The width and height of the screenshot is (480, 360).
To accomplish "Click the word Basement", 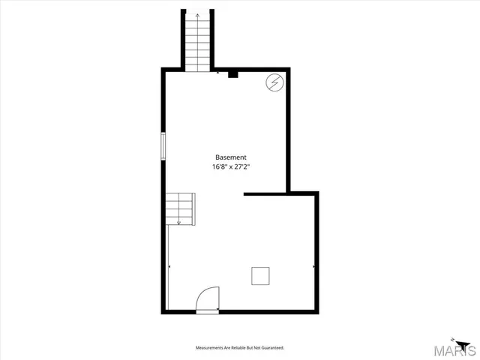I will [x=231, y=157].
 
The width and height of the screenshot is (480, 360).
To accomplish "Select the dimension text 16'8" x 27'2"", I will [x=231, y=167].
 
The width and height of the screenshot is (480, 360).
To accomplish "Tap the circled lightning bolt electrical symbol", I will [x=274, y=82].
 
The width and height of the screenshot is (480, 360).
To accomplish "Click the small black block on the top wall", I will [x=232, y=73].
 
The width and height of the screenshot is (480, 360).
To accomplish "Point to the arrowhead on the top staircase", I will [x=198, y=15].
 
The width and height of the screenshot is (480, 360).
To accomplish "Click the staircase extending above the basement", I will [x=198, y=41].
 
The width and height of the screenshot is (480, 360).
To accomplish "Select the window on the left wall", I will [x=163, y=145].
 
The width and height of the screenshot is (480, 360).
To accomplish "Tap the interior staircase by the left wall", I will [x=181, y=208].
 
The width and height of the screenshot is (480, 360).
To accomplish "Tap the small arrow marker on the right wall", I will [x=313, y=265].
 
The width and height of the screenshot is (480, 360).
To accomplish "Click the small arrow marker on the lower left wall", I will [x=169, y=266].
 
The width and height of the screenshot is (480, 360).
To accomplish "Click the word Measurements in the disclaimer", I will [x=212, y=348].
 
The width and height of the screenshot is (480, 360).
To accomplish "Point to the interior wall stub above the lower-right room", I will [x=266, y=194].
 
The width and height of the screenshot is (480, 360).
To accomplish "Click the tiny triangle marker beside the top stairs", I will [x=217, y=73].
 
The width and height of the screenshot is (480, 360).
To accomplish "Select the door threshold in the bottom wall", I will [x=208, y=311].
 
